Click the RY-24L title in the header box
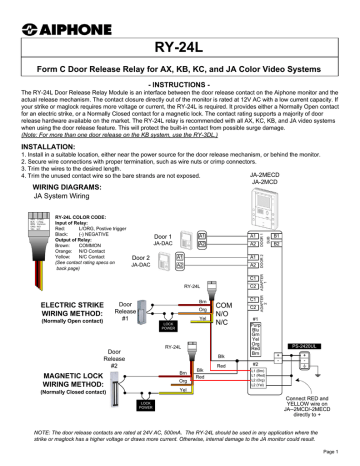point(180,44)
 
